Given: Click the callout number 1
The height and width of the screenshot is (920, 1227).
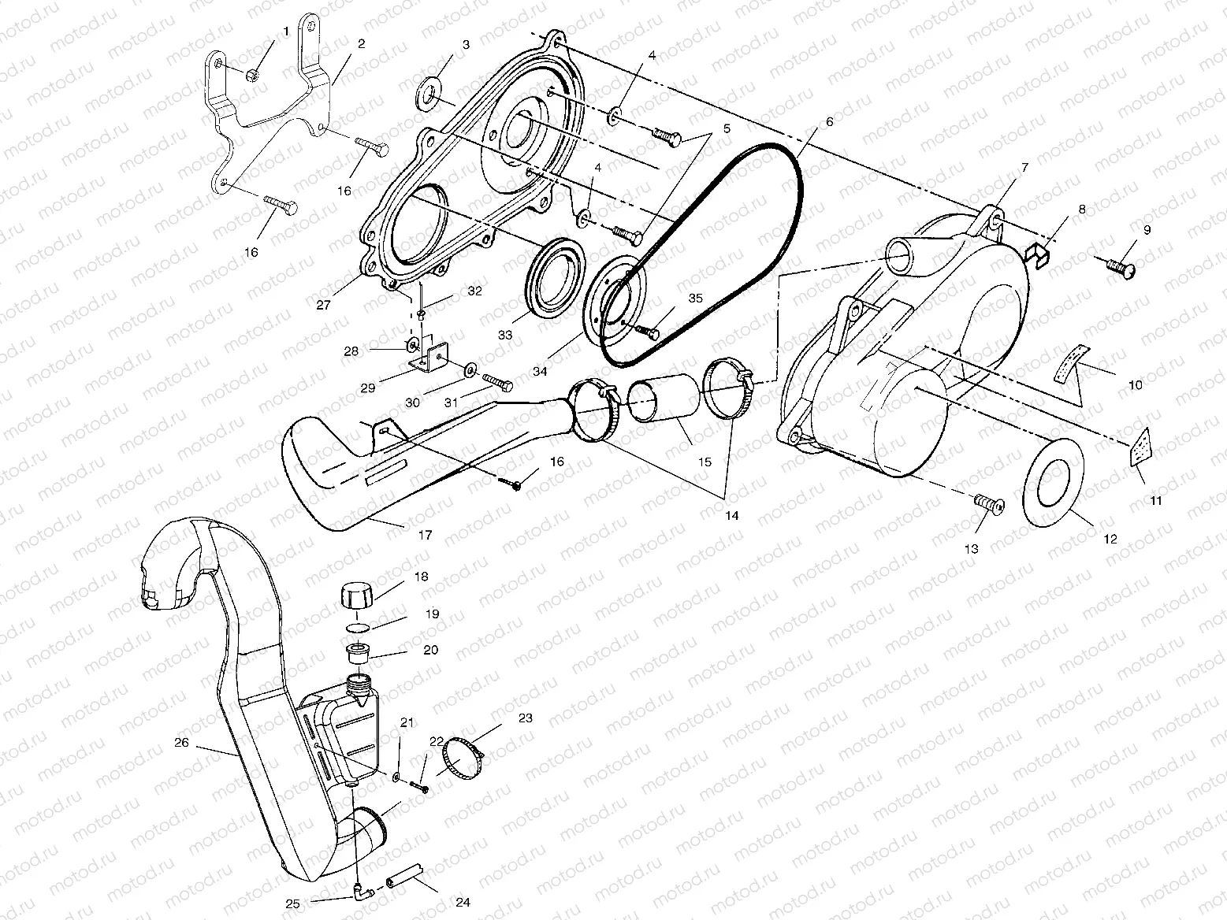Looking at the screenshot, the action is [x=285, y=32].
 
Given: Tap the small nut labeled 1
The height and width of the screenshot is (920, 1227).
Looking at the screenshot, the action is [x=253, y=75].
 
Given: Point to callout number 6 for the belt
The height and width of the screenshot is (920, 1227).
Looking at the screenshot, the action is [x=828, y=123].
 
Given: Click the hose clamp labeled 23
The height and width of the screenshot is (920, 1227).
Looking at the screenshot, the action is [x=463, y=755].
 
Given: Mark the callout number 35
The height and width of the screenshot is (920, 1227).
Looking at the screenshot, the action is [x=694, y=298].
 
